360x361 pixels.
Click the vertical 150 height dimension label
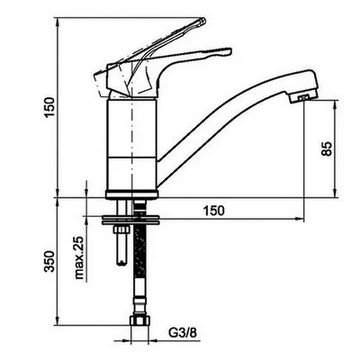pyautogui.click(x=49, y=107)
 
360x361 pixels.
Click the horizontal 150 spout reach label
pyautogui.click(x=214, y=211)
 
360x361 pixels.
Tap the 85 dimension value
pyautogui.click(x=327, y=149)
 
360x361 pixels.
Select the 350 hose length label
pyautogui.click(x=49, y=261)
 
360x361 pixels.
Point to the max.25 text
pyautogui.click(x=79, y=257)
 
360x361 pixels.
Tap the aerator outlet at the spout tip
pyautogui.click(x=303, y=98)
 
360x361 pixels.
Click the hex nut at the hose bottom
pyautogui.click(x=139, y=320)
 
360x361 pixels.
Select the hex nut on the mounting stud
pyautogui.click(x=121, y=230)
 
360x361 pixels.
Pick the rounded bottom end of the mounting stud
pyautogui.click(x=121, y=263)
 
